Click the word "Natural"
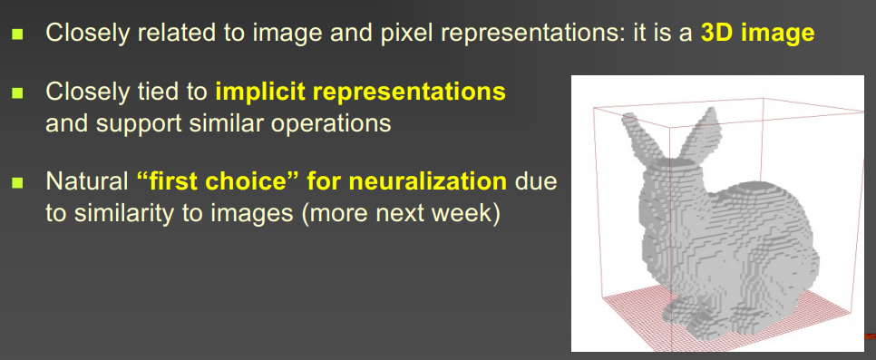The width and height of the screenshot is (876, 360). (87, 181)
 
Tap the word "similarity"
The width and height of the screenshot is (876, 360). (117, 214)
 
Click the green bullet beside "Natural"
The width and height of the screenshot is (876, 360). (18, 182)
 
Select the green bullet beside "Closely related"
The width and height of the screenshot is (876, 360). (18, 34)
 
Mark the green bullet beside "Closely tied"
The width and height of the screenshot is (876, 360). (18, 92)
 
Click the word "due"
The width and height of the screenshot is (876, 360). (535, 181)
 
